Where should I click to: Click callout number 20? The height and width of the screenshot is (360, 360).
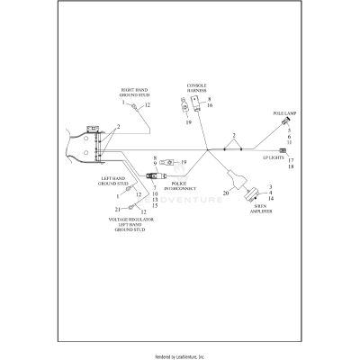[227, 194]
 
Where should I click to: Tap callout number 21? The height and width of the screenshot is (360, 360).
[118, 209]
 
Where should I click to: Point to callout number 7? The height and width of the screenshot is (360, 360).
[154, 187]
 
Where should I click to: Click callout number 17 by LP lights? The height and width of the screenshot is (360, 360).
[291, 159]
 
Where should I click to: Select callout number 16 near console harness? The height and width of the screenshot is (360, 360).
[210, 105]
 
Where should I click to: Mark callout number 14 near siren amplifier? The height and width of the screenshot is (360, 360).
[271, 198]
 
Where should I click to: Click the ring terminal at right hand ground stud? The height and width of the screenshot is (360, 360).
[135, 106]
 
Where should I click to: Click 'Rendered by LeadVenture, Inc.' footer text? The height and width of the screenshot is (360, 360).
[180, 355]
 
